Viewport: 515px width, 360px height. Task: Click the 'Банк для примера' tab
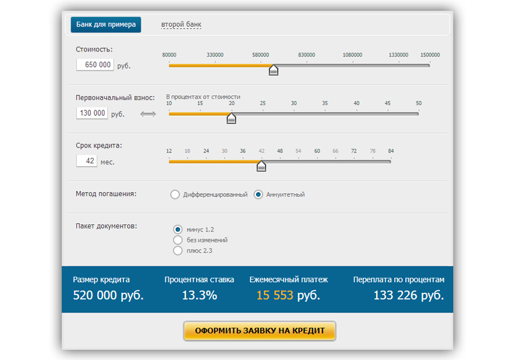point(106,25)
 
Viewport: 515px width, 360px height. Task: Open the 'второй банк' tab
point(181,25)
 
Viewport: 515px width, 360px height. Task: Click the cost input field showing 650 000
point(95,65)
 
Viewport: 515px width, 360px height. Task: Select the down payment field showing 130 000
point(92,113)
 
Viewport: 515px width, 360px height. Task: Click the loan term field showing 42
point(87,161)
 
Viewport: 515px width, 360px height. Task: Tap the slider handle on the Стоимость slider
point(273,70)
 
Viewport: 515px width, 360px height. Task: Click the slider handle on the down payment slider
point(231,118)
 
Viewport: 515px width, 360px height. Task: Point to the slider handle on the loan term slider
point(261,166)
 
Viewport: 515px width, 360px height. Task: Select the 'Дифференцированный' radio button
point(175,194)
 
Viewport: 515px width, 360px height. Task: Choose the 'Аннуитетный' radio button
point(258,194)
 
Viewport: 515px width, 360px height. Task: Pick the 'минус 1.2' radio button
point(177,229)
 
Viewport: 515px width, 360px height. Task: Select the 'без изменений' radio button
point(177,240)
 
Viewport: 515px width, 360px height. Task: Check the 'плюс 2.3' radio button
point(177,251)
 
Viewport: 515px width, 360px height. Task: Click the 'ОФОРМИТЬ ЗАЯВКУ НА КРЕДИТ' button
point(260,331)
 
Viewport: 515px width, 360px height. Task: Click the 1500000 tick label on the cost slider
point(430,55)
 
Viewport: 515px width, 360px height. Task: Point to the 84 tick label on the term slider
point(391,151)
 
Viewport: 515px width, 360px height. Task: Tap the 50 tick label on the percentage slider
point(418,103)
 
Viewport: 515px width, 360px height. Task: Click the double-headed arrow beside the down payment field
point(148,114)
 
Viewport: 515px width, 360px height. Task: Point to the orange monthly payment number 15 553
point(275,295)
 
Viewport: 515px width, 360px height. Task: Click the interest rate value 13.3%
point(199,295)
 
